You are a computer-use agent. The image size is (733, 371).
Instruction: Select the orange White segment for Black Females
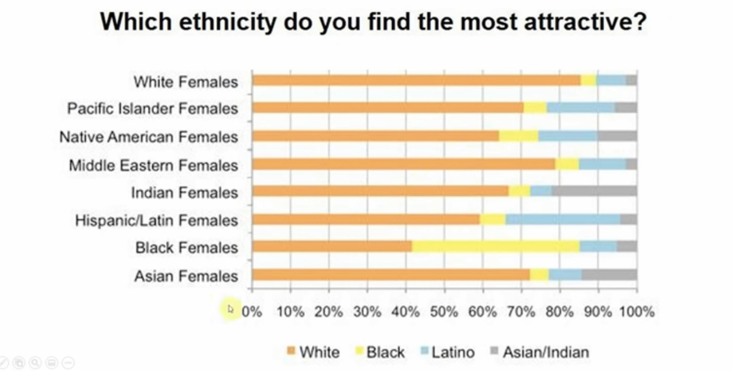(x=332, y=246)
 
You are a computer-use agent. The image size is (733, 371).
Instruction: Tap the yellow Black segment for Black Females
(x=496, y=246)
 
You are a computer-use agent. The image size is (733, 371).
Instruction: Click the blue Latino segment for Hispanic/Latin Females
(x=562, y=219)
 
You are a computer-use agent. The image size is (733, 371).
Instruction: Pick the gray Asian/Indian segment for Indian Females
(x=594, y=191)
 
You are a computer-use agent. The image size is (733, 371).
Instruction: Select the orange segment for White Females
(x=416, y=81)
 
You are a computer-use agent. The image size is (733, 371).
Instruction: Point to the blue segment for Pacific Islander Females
(x=580, y=108)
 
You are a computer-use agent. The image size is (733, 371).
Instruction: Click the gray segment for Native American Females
(x=617, y=136)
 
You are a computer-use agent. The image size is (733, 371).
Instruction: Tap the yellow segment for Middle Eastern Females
(x=567, y=164)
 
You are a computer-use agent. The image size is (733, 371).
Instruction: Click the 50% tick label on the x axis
(x=444, y=312)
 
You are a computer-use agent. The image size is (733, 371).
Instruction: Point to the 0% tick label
(x=252, y=312)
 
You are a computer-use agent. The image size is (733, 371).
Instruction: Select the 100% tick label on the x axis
(x=637, y=312)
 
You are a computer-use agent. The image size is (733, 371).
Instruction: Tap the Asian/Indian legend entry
(x=545, y=352)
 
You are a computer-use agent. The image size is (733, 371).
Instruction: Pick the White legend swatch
(x=291, y=352)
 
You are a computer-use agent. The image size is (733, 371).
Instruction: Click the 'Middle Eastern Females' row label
(x=153, y=165)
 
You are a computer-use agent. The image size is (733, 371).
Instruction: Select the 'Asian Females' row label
(x=186, y=276)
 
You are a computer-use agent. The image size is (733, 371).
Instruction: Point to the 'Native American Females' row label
(x=149, y=137)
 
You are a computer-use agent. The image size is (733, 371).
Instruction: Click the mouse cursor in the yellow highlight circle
(x=230, y=309)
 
